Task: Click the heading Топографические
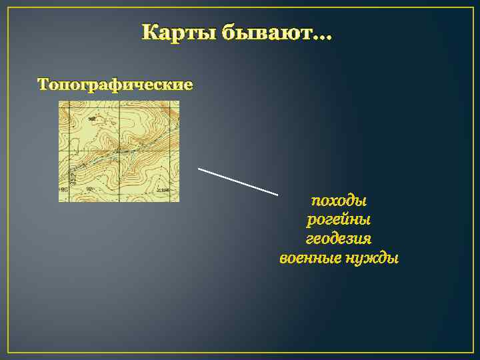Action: pyautogui.click(x=115, y=85)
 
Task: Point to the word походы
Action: pyautogui.click(x=339, y=200)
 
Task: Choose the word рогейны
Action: pyautogui.click(x=339, y=219)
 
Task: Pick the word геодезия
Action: pyautogui.click(x=339, y=238)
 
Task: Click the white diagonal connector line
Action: pyautogui.click(x=238, y=181)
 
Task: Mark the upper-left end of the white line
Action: pyautogui.click(x=199, y=169)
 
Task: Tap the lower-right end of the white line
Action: pyautogui.click(x=277, y=194)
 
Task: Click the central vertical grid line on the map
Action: pyautogui.click(x=120, y=133)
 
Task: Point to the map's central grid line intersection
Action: pyautogui.click(x=120, y=151)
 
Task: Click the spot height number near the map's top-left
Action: pyautogui.click(x=91, y=119)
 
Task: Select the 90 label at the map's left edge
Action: pyautogui.click(x=65, y=190)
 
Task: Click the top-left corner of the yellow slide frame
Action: pyautogui.click(x=9, y=9)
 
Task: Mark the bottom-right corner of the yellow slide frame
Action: pyautogui.click(x=471, y=351)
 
